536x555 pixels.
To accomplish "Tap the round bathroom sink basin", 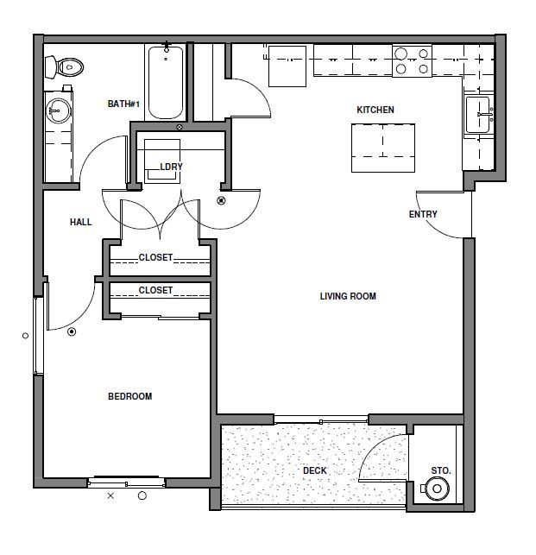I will [x=59, y=110].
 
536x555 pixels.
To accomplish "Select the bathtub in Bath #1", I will [x=165, y=81].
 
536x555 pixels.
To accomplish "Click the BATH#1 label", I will [x=123, y=104].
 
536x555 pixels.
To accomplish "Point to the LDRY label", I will [x=171, y=167].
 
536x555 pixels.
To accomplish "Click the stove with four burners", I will [x=412, y=61].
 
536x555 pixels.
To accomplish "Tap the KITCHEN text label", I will [x=375, y=110].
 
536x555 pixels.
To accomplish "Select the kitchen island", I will [x=382, y=147].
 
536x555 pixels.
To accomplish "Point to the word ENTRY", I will [x=423, y=214].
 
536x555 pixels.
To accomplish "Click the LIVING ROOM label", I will [x=348, y=296].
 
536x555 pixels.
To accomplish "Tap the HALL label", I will [x=81, y=222].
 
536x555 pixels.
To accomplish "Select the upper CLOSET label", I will [x=155, y=257].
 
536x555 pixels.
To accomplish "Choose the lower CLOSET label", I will [x=155, y=290].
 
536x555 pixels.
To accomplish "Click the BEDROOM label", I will [x=129, y=396].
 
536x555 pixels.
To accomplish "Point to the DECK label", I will [x=314, y=470].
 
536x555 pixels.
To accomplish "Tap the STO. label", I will [x=441, y=470].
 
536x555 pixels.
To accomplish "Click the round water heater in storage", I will [x=438, y=489].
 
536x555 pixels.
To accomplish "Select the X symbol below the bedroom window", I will [x=110, y=495].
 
